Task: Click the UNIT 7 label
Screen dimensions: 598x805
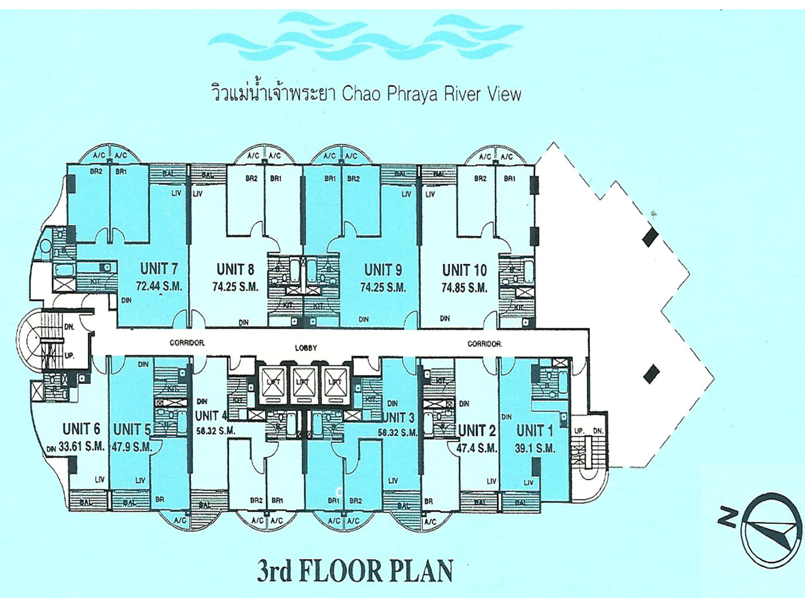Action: click(x=158, y=269)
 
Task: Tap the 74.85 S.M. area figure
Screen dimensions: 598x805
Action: click(x=464, y=287)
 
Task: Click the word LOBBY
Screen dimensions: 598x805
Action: click(x=306, y=348)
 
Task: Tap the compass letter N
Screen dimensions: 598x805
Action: click(x=728, y=517)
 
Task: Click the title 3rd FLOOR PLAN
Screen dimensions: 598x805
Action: click(x=354, y=570)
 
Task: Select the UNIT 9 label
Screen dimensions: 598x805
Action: click(x=383, y=270)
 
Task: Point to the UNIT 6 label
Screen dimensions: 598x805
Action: click(x=81, y=429)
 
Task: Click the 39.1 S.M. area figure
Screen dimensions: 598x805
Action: click(x=535, y=448)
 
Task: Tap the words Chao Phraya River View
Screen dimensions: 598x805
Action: click(x=431, y=94)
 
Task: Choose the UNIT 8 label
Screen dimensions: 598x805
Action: click(x=235, y=269)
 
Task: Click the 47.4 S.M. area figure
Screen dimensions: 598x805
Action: click(x=477, y=447)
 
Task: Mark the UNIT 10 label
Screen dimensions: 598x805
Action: click(x=464, y=270)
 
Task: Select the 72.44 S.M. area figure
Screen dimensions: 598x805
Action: click(x=159, y=286)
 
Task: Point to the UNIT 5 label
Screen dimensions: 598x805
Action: click(x=132, y=430)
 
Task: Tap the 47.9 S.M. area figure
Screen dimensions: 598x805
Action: click(x=132, y=447)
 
